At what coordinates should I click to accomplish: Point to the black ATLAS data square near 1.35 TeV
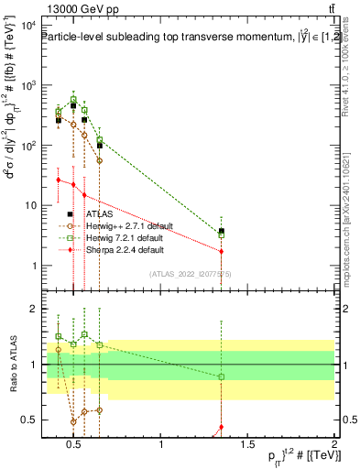(221, 232)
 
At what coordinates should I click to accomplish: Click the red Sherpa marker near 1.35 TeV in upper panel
(221, 251)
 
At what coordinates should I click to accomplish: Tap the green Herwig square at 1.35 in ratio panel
(221, 377)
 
